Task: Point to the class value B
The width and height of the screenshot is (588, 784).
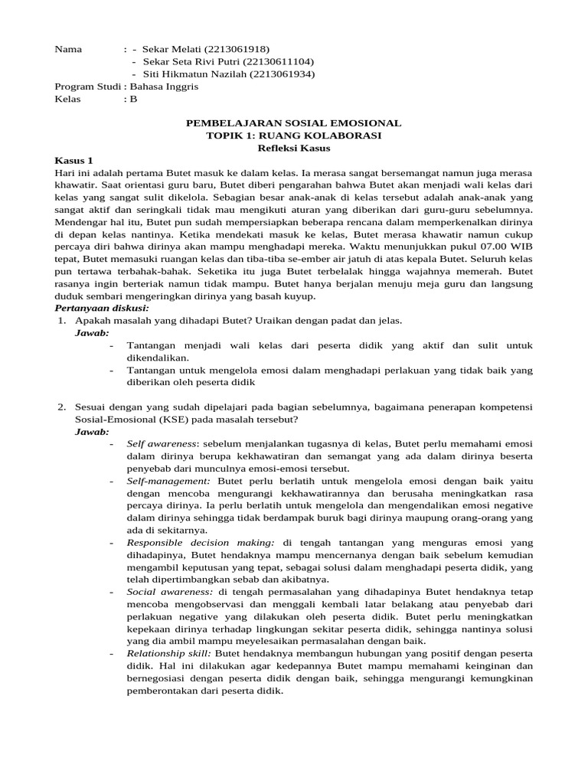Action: click(133, 99)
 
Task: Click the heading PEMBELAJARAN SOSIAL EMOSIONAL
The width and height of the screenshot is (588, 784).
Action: click(294, 122)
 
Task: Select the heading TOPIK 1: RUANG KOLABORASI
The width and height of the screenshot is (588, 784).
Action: click(294, 136)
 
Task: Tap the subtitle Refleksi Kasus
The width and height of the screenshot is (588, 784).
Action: click(294, 148)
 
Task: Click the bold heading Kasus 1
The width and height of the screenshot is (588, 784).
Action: click(73, 160)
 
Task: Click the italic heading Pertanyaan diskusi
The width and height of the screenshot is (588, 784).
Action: click(101, 308)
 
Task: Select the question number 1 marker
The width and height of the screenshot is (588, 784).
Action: click(62, 321)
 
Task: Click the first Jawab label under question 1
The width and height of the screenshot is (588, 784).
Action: click(92, 333)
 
